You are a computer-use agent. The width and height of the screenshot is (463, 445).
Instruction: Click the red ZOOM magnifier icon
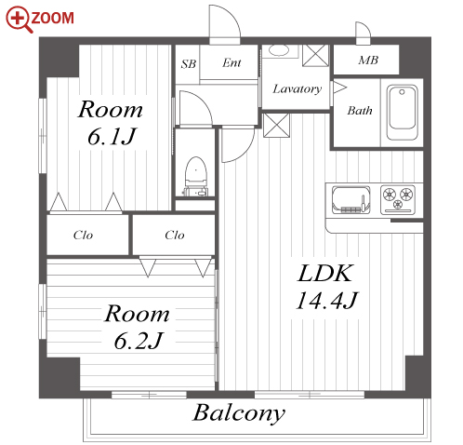20,20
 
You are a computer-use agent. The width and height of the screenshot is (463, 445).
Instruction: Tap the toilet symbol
195,176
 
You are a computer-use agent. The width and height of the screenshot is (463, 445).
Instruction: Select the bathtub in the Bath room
402,113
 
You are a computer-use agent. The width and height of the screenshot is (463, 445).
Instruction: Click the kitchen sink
351,200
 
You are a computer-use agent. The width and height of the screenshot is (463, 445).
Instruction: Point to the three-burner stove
398,199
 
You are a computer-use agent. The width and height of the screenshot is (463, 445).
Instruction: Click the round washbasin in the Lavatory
279,50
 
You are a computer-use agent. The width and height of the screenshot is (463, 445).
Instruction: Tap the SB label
189,64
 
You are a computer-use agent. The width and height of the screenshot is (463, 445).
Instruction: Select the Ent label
231,62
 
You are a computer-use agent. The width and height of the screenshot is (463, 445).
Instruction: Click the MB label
368,61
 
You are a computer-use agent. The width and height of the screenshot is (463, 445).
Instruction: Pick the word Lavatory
298,89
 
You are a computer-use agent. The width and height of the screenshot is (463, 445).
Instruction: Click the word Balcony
239,413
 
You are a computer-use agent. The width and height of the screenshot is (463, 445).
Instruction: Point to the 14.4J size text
327,300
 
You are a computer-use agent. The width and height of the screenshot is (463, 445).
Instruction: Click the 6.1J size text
112,136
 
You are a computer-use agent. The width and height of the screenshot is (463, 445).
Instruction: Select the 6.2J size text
139,341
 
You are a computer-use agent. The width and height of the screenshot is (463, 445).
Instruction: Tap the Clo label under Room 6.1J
83,236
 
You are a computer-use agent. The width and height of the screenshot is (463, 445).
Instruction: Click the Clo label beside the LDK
175,236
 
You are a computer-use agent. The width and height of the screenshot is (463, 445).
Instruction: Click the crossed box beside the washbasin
315,56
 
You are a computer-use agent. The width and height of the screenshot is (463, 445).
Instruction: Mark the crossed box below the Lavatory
276,125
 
